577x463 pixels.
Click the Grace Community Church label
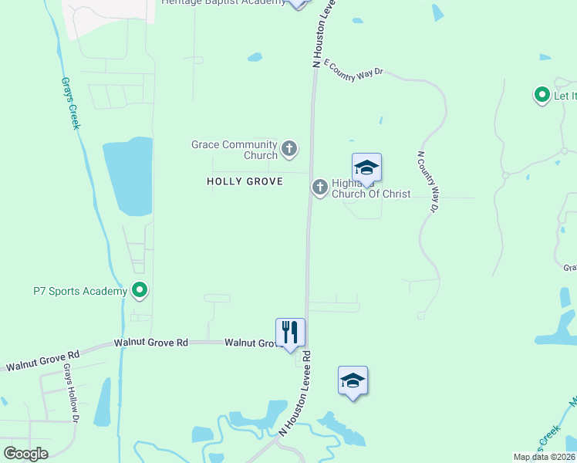[x=234, y=150]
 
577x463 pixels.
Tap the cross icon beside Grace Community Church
[x=289, y=148]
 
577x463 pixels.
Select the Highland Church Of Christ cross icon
[x=319, y=187]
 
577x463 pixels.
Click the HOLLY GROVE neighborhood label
[x=245, y=181]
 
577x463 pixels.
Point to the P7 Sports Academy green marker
[x=140, y=291]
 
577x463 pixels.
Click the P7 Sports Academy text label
[x=79, y=291]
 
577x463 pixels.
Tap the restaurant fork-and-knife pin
[x=290, y=333]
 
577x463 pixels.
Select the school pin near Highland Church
[x=366, y=167]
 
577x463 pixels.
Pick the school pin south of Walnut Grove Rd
[x=353, y=380]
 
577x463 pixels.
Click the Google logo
[x=25, y=453]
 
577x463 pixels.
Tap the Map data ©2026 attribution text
[x=544, y=457]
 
